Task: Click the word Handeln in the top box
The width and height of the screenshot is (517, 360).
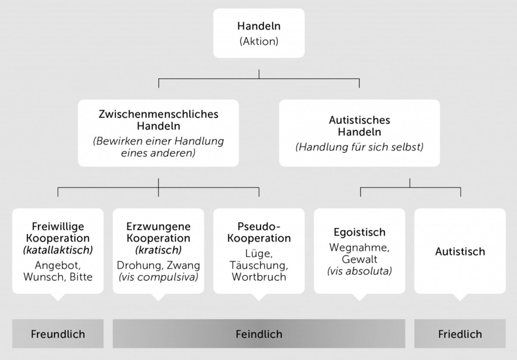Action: point(258,26)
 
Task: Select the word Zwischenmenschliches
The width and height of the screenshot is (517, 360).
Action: point(158,115)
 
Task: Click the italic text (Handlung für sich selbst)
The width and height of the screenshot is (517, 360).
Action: point(359,147)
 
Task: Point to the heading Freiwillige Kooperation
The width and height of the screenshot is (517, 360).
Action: point(58,232)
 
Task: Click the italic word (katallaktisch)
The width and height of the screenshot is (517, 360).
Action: point(58,249)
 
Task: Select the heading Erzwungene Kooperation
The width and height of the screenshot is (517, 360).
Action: point(158,232)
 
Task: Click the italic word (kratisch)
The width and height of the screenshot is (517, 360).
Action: point(158,249)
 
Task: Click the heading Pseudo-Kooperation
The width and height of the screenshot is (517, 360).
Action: point(258,232)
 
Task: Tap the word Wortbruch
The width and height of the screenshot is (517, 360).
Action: point(258,277)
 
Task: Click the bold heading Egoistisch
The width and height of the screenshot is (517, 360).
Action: point(359,233)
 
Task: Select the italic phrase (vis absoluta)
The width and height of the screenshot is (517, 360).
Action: point(359,271)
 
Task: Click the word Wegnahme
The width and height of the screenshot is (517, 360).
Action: point(359,248)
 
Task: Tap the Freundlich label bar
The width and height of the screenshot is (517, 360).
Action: point(58,334)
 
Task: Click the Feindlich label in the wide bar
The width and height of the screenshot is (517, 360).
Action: point(258,334)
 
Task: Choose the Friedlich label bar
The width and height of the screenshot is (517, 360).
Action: point(460,334)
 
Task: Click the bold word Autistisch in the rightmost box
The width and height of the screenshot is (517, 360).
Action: point(460,251)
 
